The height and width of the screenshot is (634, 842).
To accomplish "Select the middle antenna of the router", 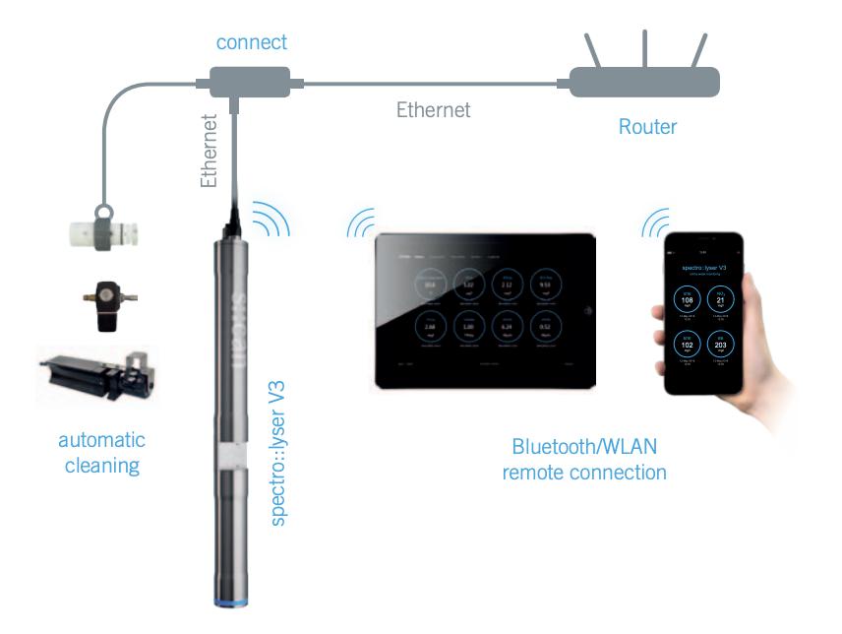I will pos(644,49).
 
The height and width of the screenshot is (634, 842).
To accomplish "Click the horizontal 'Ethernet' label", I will pos(433,109).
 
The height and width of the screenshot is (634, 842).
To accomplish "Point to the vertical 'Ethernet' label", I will pos(209,150).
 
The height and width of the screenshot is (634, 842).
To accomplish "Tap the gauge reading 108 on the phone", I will pos(688,301).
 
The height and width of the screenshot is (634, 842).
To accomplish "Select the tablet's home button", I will pos(587,311).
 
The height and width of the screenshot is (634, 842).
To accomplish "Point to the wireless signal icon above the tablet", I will pos(361,226).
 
